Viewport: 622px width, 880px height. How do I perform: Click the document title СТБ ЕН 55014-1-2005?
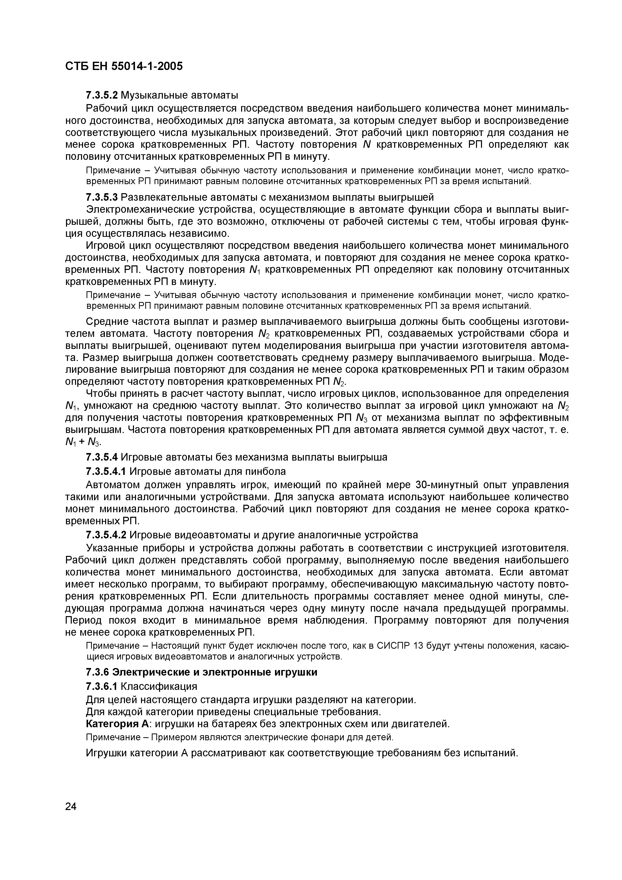coord(124,66)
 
